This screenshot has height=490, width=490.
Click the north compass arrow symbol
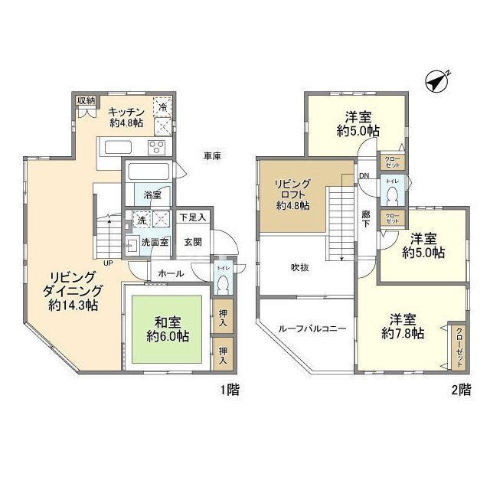pos(437,80)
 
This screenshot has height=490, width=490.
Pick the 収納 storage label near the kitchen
pos(86,100)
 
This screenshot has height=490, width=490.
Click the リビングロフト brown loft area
pos(294,194)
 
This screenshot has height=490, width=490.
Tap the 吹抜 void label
pos(299,268)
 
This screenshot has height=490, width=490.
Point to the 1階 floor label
pos(230,390)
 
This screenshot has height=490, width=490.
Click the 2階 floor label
pos(460,390)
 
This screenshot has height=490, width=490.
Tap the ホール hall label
pos(169,273)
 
